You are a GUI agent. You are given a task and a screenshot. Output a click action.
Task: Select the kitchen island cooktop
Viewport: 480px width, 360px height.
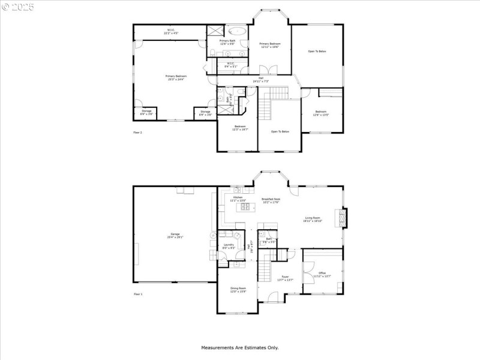click(x=245, y=208)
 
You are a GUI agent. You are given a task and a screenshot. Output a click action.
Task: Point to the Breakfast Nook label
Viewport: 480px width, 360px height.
click(x=271, y=200)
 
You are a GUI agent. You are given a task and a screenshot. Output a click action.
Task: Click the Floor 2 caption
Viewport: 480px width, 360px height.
click(x=137, y=132)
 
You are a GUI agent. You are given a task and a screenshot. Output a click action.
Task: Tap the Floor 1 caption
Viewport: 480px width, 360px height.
click(x=137, y=294)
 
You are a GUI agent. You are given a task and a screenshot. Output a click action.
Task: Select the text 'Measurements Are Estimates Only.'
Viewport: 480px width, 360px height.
click(x=239, y=347)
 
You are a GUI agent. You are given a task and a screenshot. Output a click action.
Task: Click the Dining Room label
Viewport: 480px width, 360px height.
click(x=238, y=290)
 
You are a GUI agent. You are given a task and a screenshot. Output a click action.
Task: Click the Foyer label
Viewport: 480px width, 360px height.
click(x=284, y=279)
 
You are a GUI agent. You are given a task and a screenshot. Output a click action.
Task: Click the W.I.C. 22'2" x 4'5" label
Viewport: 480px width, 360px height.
click(x=170, y=32)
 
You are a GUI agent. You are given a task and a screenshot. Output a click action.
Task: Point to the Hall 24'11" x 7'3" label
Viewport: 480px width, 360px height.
click(x=260, y=80)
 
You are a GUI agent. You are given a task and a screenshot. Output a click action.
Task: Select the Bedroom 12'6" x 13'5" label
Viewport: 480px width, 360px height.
click(x=321, y=113)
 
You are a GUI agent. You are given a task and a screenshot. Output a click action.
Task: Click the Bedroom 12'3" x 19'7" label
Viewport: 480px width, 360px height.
click(x=240, y=127)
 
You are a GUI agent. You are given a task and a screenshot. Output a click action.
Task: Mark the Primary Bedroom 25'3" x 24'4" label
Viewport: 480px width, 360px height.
click(x=176, y=77)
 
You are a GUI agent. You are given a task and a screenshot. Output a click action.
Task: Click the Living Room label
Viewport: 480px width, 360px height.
click(x=313, y=220)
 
